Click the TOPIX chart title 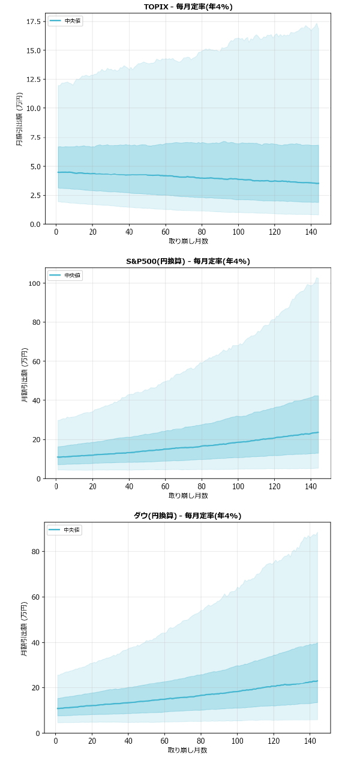coord(188,7)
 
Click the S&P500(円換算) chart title coord(188,261)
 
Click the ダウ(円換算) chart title coord(188,516)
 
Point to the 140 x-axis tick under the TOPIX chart coord(311,232)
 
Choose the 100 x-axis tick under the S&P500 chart coord(238,487)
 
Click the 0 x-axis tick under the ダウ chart coord(56,741)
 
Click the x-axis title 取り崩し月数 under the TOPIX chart coord(188,241)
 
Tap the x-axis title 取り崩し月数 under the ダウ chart coord(188,750)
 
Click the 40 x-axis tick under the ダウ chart coord(129,741)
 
